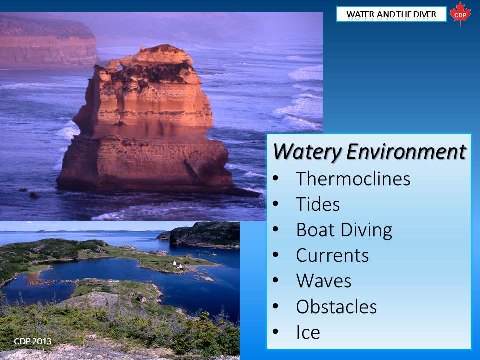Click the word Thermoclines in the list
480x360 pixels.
click(353, 179)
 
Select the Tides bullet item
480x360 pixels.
click(318, 204)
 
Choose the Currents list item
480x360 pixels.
click(332, 255)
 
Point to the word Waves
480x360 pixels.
click(324, 281)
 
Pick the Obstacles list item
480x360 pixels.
click(336, 306)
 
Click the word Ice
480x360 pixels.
click(308, 332)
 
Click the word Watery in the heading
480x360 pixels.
click(307, 152)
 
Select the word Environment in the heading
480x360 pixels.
click(406, 151)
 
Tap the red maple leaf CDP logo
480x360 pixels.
click(460, 14)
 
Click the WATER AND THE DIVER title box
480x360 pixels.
click(391, 14)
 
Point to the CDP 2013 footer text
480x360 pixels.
click(33, 341)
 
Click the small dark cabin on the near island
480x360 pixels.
click(141, 298)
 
